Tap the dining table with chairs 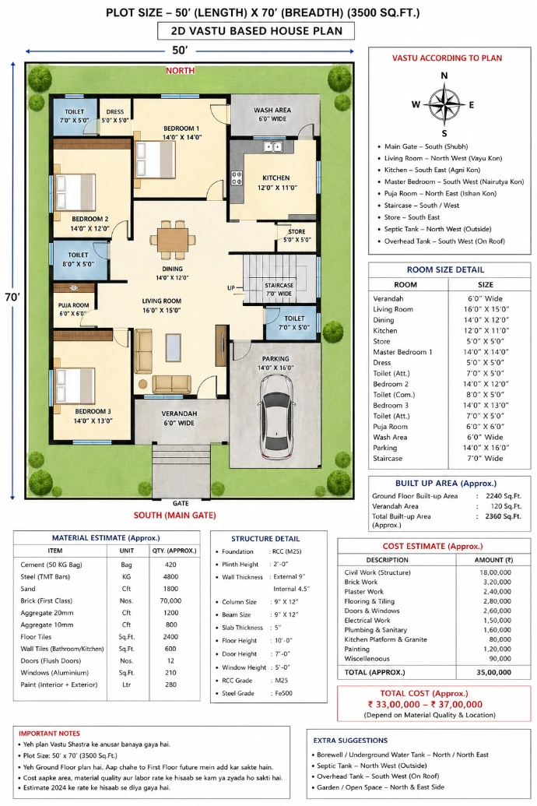pos(173,239)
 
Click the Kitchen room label pos(276,183)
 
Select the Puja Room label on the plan pos(73,309)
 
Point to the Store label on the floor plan pos(297,235)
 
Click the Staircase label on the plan pos(279,290)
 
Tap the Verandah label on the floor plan pos(179,418)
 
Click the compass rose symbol pos(444,105)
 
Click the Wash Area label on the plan pos(272,114)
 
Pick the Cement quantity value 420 pos(170,565)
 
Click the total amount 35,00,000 pos(494,672)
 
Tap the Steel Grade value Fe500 pos(283,693)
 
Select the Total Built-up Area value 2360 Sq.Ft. pos(503,516)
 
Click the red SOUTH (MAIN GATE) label pos(174,515)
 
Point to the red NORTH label pos(180,70)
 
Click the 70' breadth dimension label pos(12,297)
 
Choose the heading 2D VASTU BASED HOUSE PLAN pos(256,31)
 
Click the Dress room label pos(115,116)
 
